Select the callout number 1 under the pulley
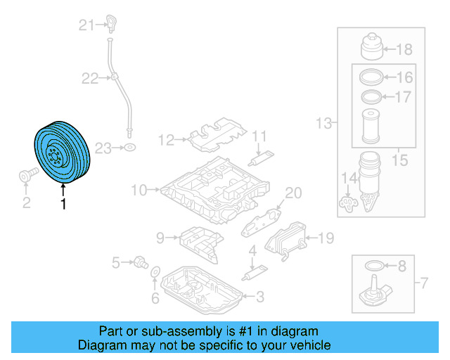click(64, 205)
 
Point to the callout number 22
click(90, 79)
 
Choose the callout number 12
click(165, 140)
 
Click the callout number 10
click(138, 189)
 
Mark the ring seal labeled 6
click(156, 272)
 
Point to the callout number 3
click(259, 297)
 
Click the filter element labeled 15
click(370, 127)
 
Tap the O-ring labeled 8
click(375, 266)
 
